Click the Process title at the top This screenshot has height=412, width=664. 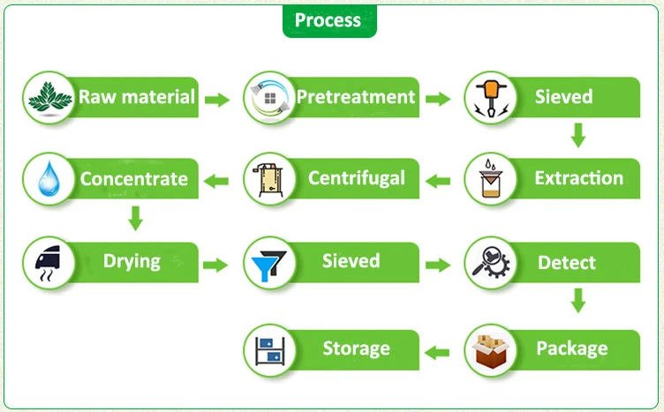pos(328,20)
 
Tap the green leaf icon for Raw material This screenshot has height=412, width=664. pos(49,98)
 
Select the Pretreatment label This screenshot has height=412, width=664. pos(356,96)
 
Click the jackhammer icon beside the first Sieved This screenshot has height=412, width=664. pos(489,98)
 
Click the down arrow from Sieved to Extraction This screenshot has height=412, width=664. pos(578,135)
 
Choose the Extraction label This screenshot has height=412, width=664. pos(578,178)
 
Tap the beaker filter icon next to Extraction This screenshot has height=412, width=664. pos(489,181)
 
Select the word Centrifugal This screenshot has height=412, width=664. pos(357,178)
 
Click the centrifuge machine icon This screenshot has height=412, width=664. pos(268,180)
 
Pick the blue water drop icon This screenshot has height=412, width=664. pos(49,180)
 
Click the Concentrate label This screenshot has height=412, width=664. pos(134,179)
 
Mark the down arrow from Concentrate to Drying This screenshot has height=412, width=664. pos(135,217)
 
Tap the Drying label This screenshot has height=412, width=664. pos(132,261)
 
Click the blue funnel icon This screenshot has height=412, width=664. pos(268,264)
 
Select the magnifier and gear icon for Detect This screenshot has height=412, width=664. pos(489,263)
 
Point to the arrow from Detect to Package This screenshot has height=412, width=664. pos(578,301)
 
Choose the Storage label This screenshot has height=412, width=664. pos(356,348)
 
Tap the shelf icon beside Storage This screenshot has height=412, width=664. pos(268,351)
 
